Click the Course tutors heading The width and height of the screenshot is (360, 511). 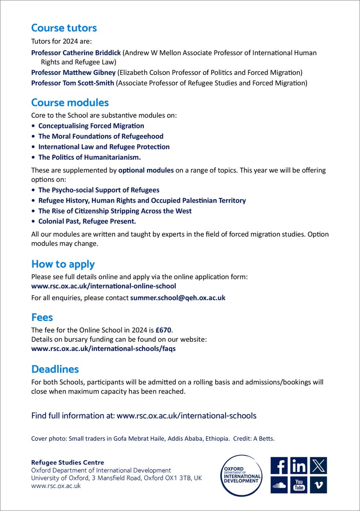(x=64, y=28)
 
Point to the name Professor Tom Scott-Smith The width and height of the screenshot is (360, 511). (x=73, y=83)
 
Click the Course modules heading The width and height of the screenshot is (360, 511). (x=70, y=103)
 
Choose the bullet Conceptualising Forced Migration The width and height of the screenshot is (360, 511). (x=91, y=126)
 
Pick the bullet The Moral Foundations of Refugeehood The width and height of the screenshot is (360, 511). (x=101, y=136)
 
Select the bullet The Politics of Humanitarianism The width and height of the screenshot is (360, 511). (x=89, y=157)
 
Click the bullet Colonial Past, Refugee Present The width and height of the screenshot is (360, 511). (x=87, y=221)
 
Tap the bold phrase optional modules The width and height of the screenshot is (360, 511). (x=146, y=170)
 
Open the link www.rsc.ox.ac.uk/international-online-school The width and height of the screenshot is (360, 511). (x=103, y=286)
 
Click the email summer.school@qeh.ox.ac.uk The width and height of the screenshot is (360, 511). (x=177, y=298)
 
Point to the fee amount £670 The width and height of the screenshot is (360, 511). (x=169, y=330)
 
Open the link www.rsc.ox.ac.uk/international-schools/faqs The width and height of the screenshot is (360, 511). (x=103, y=348)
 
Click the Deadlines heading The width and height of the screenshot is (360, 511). (x=55, y=369)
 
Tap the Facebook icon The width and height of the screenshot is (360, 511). (x=279, y=466)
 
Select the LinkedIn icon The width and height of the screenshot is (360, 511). (x=299, y=466)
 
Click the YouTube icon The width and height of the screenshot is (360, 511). (x=299, y=485)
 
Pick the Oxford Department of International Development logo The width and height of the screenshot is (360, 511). (x=241, y=475)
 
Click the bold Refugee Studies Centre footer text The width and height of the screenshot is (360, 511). (x=67, y=462)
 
